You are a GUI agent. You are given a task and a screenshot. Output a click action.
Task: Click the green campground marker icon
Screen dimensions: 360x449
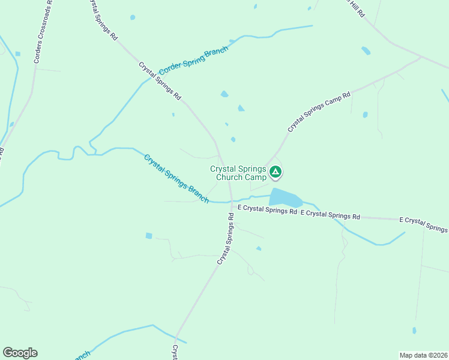(x=276, y=173)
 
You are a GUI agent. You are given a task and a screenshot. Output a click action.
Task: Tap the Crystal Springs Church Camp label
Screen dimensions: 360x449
(x=238, y=173)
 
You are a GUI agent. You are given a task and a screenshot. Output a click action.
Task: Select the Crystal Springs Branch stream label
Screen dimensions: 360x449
(x=176, y=178)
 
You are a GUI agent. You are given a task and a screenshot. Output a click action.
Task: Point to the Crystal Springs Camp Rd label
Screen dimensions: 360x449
(x=319, y=112)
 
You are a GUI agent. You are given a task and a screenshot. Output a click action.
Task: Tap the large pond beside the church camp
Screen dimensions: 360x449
(x=286, y=197)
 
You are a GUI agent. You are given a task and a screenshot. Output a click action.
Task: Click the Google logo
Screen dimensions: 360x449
(x=20, y=353)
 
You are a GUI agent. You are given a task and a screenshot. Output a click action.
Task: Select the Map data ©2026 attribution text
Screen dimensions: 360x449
(x=423, y=355)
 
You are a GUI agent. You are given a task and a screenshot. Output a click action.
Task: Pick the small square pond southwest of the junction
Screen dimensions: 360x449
(x=149, y=236)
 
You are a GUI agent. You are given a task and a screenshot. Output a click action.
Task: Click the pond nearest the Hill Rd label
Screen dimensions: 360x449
(x=366, y=51)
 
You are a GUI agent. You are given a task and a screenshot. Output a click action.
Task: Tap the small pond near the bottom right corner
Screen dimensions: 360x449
(x=414, y=330)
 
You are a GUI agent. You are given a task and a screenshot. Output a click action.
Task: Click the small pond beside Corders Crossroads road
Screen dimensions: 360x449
(x=17, y=54)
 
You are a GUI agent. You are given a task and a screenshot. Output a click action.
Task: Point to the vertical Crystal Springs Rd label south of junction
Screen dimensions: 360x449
(x=226, y=238)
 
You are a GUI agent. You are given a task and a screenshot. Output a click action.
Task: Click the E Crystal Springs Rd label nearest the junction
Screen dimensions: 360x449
(x=268, y=211)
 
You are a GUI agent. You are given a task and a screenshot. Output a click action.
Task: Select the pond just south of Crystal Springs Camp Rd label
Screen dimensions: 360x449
(x=365, y=114)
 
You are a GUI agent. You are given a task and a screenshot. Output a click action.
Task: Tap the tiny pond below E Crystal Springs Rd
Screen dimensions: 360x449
(x=259, y=248)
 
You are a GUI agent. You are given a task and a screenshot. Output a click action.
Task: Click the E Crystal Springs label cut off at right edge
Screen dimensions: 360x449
(x=424, y=224)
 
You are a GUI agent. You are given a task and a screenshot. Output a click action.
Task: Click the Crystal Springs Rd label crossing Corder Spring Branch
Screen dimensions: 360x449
(x=160, y=80)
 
